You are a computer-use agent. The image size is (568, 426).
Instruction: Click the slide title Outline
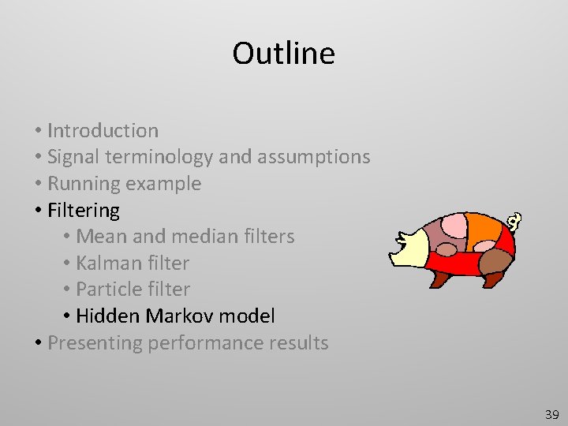[283, 54]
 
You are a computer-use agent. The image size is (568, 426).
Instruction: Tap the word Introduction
[103, 130]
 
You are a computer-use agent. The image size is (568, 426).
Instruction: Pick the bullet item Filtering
[84, 211]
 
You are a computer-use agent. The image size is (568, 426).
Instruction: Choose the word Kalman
[106, 263]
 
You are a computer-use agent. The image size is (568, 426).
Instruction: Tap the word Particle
[108, 290]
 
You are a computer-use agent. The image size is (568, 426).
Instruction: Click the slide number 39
[551, 414]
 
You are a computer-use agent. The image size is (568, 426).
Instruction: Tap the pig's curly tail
[515, 222]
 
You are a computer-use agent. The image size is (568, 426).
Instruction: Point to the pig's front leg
[439, 278]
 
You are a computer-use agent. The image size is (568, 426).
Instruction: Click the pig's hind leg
[494, 278]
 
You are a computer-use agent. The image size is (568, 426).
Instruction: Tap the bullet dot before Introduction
[38, 131]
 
